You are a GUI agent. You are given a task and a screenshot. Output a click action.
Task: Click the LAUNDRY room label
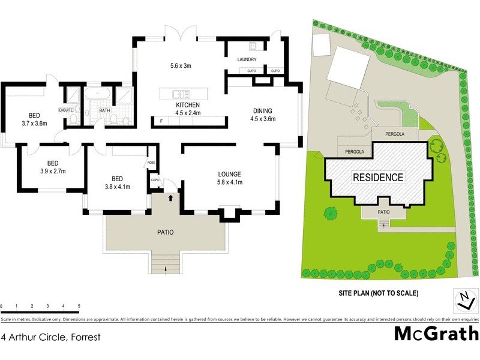[247, 59]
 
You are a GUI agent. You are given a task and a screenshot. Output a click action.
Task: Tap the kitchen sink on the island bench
[181, 94]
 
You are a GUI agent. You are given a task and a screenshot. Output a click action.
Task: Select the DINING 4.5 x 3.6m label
[262, 115]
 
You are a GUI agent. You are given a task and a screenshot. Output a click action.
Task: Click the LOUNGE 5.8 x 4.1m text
[229, 179]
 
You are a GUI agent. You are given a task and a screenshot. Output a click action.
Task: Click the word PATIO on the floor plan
[165, 232]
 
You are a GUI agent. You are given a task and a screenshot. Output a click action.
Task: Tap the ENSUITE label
[65, 110]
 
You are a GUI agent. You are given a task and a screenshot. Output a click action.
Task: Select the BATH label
[104, 110]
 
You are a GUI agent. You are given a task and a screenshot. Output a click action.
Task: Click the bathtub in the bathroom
[97, 95]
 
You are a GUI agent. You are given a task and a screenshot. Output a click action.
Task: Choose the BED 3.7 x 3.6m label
[34, 119]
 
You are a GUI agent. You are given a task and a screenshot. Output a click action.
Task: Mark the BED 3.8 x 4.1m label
[118, 182]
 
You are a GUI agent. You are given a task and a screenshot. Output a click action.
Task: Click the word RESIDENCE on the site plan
[377, 178]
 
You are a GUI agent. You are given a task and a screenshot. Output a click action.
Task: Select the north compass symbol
[463, 299]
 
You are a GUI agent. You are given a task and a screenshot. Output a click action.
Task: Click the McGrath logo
[436, 334]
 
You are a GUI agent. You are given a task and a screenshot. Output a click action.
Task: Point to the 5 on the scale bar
[79, 307]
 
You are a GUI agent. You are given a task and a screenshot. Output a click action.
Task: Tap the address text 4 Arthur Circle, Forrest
[50, 338]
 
